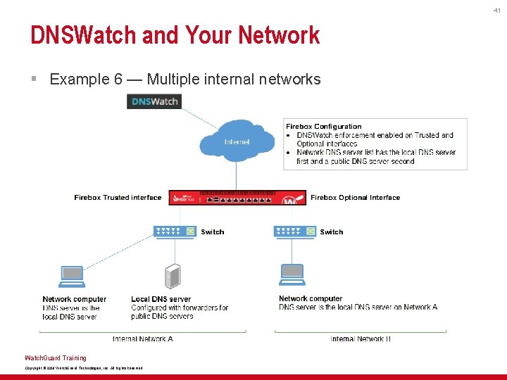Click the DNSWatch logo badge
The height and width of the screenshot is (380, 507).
[154, 102]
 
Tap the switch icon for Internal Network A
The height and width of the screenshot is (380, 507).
[175, 232]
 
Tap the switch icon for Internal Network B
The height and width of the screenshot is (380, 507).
[294, 232]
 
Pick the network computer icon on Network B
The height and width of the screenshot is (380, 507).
[292, 275]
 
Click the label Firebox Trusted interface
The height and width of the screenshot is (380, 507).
[118, 198]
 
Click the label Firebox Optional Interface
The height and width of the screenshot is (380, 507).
[355, 198]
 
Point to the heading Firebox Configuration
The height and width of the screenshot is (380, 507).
[324, 127]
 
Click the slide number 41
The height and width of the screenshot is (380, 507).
[496, 11]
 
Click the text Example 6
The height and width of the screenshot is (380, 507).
[79, 80]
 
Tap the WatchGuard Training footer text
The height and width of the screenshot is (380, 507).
[56, 358]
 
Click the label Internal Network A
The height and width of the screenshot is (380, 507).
[143, 339]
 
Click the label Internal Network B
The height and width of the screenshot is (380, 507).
[361, 339]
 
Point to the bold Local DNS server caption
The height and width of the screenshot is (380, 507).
[161, 299]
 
